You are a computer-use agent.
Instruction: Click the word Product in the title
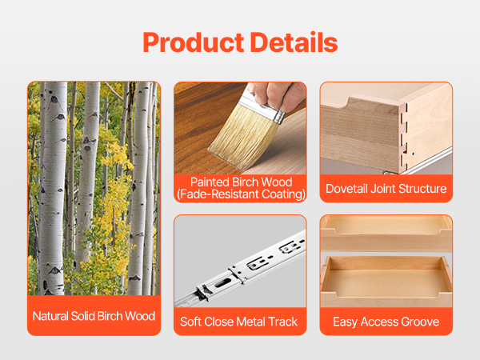(x=193, y=42)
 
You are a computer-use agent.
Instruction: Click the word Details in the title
(x=294, y=42)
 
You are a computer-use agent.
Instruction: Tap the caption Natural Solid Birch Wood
(x=94, y=316)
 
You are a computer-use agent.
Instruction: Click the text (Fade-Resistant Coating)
(x=241, y=194)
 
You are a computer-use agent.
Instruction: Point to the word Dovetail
(x=346, y=189)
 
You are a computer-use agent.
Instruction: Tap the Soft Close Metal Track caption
(x=238, y=322)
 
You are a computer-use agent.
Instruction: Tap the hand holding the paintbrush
(x=278, y=95)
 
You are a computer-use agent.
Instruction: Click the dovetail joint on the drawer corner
(x=404, y=137)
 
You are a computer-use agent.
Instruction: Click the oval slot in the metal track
(x=223, y=283)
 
